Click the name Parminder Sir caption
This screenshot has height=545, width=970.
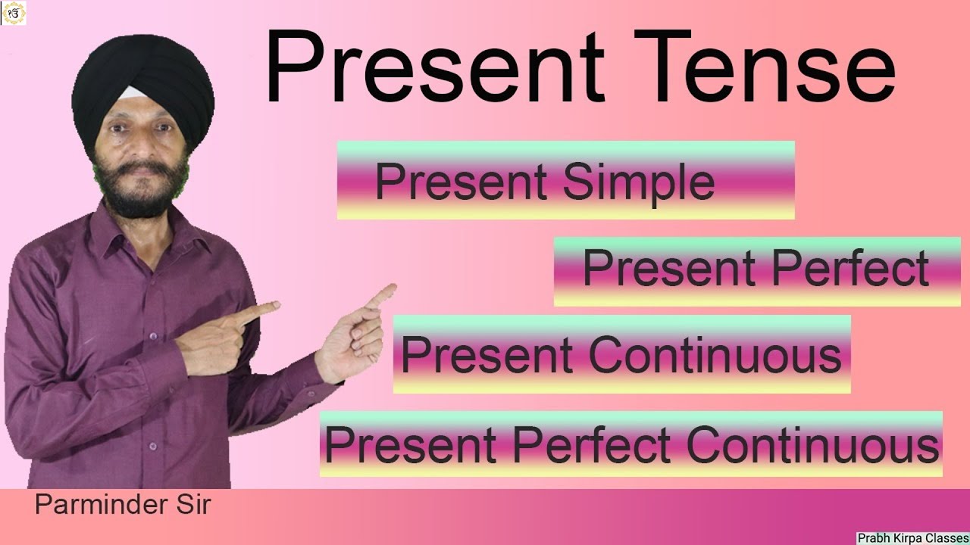[122, 505]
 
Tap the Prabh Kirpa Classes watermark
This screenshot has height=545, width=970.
[912, 538]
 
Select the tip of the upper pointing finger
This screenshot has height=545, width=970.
[391, 288]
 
